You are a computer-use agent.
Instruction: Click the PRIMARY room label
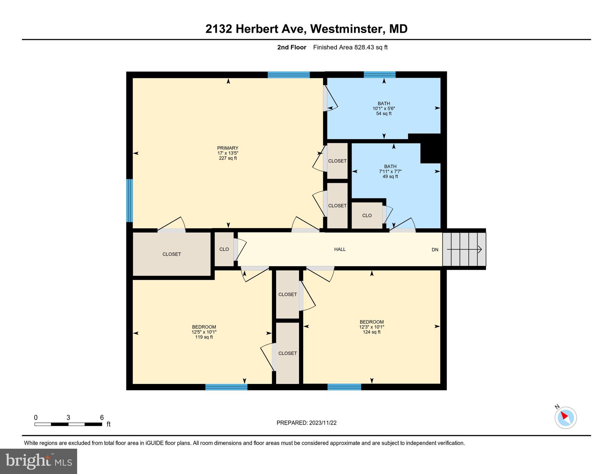pyautogui.click(x=228, y=148)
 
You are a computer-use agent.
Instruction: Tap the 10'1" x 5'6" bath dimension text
pyautogui.click(x=384, y=109)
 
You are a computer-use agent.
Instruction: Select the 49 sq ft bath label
pyautogui.click(x=390, y=177)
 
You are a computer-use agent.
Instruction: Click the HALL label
pyautogui.click(x=340, y=249)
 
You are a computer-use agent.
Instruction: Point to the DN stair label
pyautogui.click(x=435, y=250)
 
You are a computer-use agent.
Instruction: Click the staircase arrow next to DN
pyautogui.click(x=464, y=249)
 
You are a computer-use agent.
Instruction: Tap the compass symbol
pyautogui.click(x=565, y=418)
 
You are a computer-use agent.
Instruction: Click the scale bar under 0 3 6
pyautogui.click(x=68, y=424)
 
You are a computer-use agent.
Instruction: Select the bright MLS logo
pyautogui.click(x=39, y=461)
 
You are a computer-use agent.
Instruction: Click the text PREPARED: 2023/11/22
pyautogui.click(x=306, y=423)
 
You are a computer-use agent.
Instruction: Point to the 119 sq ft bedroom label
pyautogui.click(x=204, y=337)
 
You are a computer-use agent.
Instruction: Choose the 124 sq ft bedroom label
pyautogui.click(x=371, y=332)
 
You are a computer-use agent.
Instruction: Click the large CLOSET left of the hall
pyautogui.click(x=172, y=254)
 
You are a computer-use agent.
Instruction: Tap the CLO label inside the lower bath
pyautogui.click(x=367, y=216)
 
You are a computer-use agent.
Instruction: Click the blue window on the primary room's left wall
pyautogui.click(x=130, y=201)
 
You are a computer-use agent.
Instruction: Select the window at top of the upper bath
pyautogui.click(x=379, y=74)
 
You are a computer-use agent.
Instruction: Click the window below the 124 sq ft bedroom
pyautogui.click(x=344, y=387)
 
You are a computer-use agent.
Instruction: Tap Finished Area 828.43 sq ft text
pyautogui.click(x=350, y=48)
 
